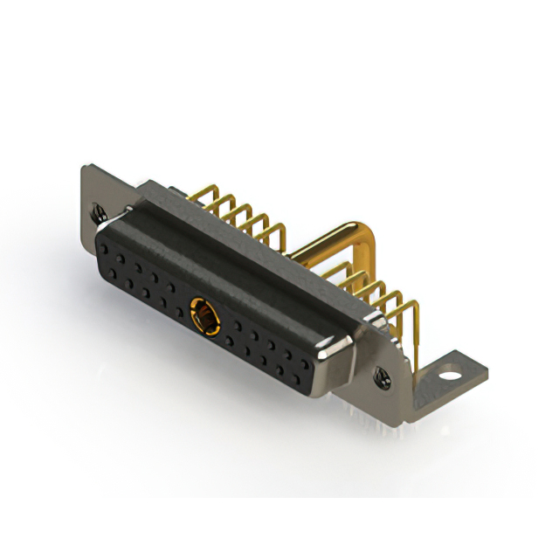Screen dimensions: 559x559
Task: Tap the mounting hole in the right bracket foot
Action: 450,378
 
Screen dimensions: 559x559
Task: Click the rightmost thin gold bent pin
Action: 411,301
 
